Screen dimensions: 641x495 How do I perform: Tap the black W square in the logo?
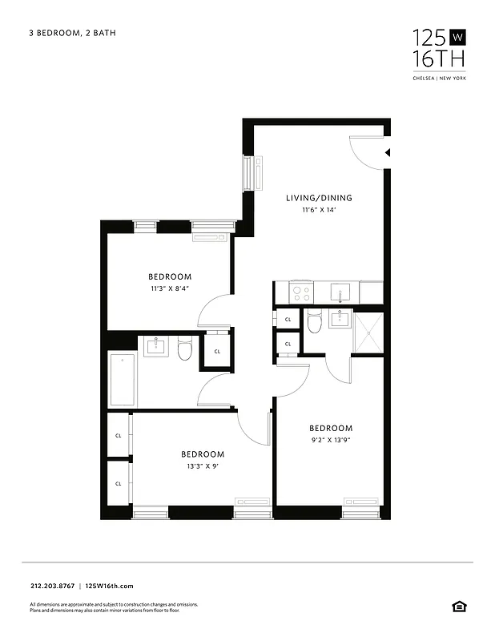(x=457, y=37)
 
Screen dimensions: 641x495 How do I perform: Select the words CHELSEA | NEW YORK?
(x=439, y=78)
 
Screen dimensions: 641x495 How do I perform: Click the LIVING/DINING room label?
(x=319, y=198)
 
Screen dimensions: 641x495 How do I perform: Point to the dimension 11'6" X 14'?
(x=319, y=210)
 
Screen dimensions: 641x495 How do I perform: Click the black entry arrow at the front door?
(x=387, y=151)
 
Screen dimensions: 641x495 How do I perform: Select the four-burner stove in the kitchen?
(x=302, y=293)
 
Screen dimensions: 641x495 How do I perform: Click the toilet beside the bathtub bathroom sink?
(x=185, y=349)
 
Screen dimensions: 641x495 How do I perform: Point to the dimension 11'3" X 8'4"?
(x=169, y=288)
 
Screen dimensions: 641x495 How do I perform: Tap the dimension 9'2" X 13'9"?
(x=331, y=440)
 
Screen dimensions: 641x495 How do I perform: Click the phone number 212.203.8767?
(x=51, y=587)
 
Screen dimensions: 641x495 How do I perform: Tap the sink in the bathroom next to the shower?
(x=340, y=320)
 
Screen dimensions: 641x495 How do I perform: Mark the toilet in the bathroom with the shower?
(x=315, y=323)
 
